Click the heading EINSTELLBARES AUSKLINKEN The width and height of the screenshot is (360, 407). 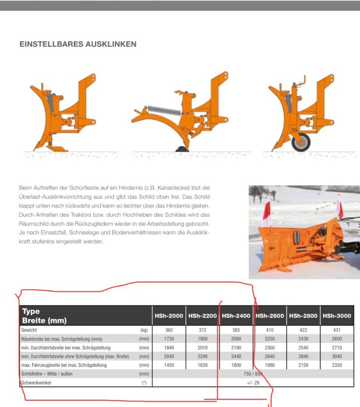point(78,45)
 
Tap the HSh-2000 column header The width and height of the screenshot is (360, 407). point(169,316)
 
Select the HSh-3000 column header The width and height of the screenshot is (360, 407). point(337,316)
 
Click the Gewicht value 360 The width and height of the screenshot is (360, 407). point(169,330)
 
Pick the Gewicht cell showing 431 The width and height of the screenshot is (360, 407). point(337,330)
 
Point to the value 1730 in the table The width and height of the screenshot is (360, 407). point(169,339)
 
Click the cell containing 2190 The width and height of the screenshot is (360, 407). point(236,348)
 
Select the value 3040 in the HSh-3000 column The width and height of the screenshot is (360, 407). point(337,357)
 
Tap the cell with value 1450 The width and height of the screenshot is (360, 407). point(169,365)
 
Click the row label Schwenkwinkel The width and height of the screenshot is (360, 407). point(36,383)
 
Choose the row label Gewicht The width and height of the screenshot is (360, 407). point(29,330)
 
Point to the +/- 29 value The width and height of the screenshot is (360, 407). point(253,383)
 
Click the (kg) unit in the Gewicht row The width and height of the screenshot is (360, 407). point(144,330)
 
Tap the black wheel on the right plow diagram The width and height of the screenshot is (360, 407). point(301,142)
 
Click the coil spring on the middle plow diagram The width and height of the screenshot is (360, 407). point(164,110)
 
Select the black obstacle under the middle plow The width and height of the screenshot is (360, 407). point(181,149)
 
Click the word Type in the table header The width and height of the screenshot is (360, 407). point(31,312)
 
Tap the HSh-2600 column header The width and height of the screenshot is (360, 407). point(270,316)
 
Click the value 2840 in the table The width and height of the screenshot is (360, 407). point(303,357)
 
